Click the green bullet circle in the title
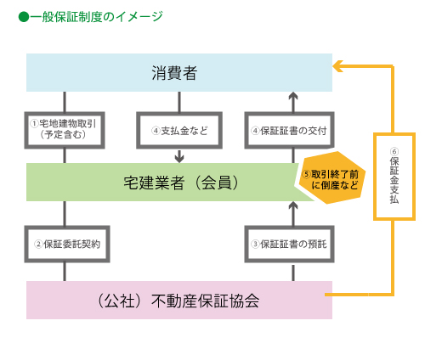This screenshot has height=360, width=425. click(24, 17)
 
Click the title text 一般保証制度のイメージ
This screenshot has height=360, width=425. click(96, 17)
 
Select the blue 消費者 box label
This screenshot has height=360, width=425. click(174, 73)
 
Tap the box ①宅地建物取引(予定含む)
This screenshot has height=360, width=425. click(65, 130)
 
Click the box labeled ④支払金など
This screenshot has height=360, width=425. click(179, 130)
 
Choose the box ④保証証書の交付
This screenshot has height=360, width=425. click(289, 130)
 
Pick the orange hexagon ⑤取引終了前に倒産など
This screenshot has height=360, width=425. click(331, 177)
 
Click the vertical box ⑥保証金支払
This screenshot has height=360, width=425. click(394, 177)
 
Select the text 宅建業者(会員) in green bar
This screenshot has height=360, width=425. click(181, 183)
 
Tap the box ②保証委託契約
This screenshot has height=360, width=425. click(67, 244)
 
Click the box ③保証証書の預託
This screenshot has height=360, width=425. click(289, 244)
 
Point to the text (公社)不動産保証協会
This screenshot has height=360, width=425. click(178, 301)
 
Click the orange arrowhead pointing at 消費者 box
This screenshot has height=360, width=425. click(337, 66)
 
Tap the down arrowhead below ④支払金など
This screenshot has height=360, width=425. click(179, 158)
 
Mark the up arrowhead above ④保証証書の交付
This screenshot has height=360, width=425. click(293, 97)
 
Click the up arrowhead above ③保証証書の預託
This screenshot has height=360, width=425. click(293, 206)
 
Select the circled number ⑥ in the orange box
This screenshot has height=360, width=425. click(394, 151)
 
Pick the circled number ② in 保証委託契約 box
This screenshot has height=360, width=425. click(38, 244)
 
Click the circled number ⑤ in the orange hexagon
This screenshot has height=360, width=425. click(306, 174)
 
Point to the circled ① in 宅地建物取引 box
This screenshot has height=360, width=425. click(34, 124)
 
